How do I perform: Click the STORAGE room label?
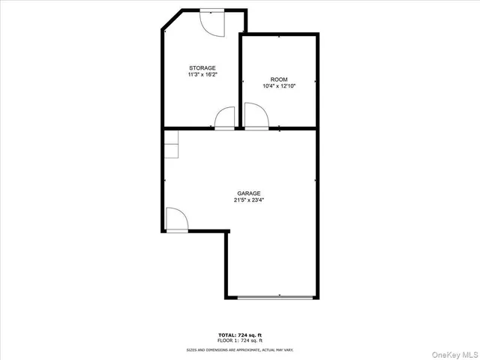(202, 67)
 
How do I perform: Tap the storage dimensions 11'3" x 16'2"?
(202, 75)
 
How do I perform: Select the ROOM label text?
(279, 79)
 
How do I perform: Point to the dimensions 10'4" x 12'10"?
(279, 86)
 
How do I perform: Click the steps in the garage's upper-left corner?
(172, 145)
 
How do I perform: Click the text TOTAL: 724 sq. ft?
(240, 334)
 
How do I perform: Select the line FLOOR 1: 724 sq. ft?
(240, 340)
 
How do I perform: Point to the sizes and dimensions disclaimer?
(240, 349)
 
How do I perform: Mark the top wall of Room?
(279, 34)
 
